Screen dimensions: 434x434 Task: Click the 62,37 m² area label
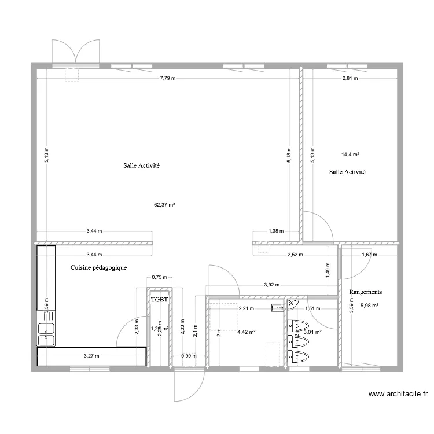pos(164,204)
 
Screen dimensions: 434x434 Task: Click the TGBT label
pos(159,300)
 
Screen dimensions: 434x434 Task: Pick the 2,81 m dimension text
pos(350,78)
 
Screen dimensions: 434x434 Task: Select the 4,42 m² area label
pos(247,332)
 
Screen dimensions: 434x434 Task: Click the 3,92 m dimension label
pos(272,285)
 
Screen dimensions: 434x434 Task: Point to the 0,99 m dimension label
pos(188,356)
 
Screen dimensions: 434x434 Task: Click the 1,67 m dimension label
pos(369,254)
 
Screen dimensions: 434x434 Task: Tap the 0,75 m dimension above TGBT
pos(159,277)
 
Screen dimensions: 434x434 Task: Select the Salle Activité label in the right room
pos(347,172)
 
